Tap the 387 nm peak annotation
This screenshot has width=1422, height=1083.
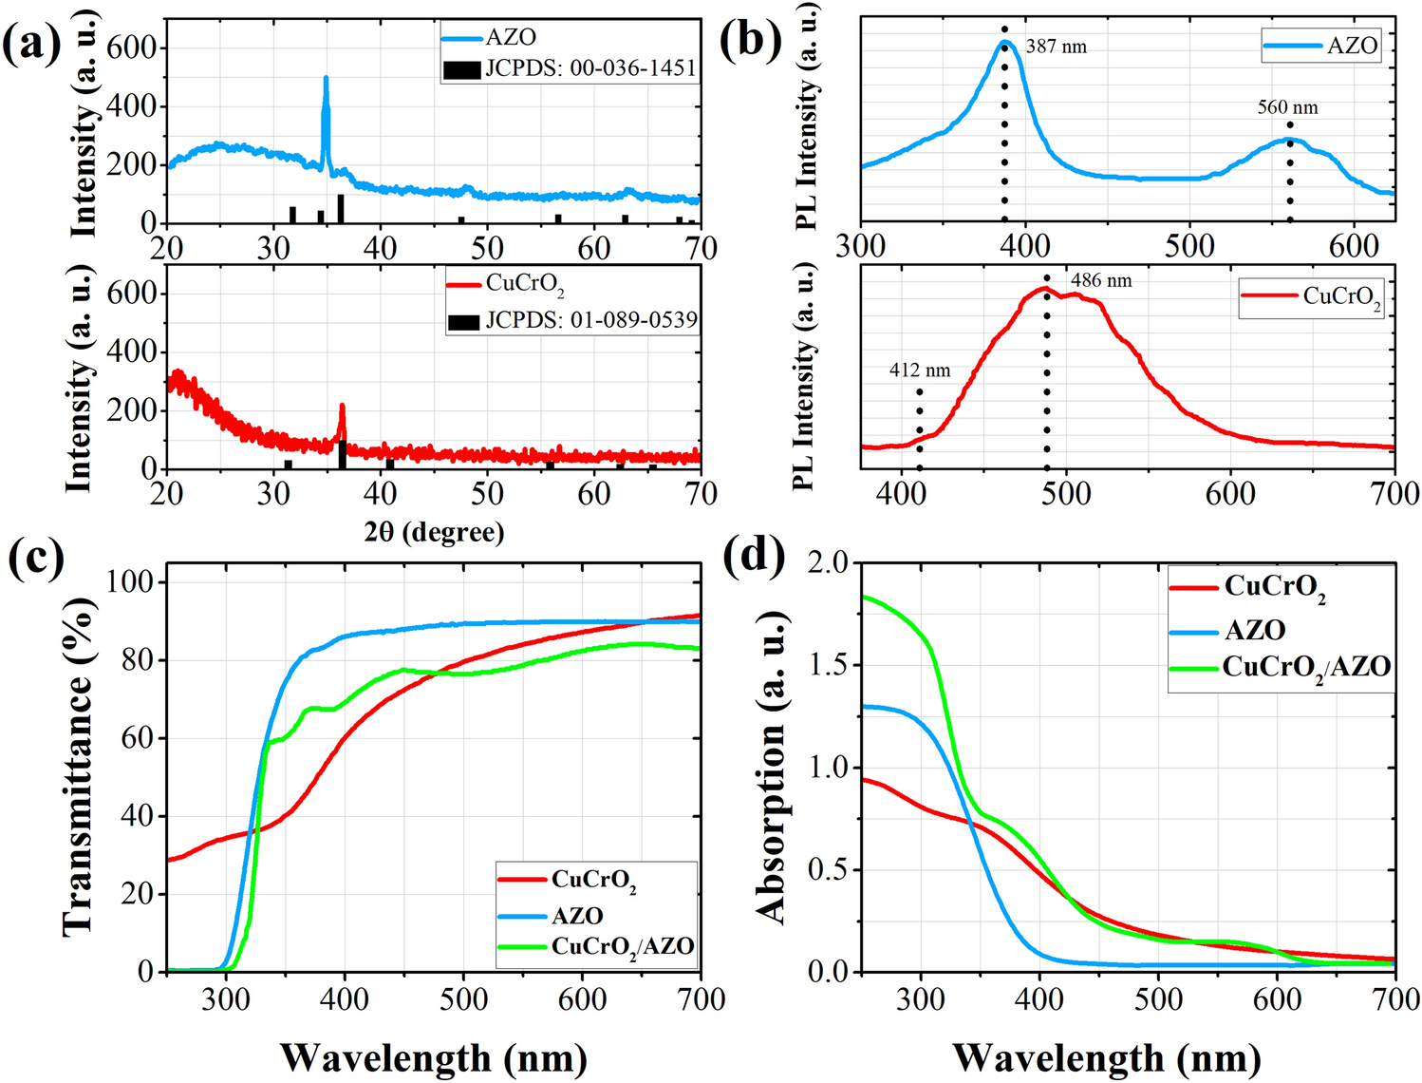1056,47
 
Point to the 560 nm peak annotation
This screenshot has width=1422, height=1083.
1287,107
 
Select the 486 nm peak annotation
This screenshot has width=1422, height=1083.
1101,281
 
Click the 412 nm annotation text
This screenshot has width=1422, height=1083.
919,370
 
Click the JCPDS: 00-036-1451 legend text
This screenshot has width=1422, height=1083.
590,68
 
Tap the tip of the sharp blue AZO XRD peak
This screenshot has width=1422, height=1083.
326,78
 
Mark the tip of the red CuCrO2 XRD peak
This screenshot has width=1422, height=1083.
342,406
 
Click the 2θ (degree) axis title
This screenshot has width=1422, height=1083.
434,532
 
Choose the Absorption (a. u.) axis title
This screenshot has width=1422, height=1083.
773,768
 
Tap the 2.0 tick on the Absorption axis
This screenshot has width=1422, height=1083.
828,562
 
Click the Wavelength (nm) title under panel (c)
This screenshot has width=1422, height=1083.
434,1057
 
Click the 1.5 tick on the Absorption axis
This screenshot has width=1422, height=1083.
828,665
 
